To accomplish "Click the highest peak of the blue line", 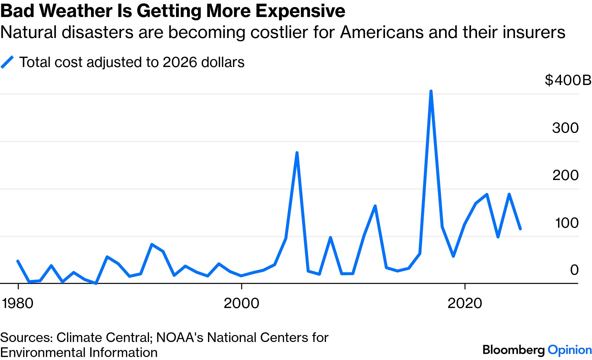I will pyautogui.click(x=431, y=91).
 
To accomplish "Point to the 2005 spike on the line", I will pyautogui.click(x=297, y=153).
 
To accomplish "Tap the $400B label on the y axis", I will pyautogui.click(x=568, y=80).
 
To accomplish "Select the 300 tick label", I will pyautogui.click(x=565, y=128).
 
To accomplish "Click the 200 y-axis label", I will pyautogui.click(x=565, y=175).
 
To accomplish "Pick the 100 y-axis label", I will pyautogui.click(x=566, y=223).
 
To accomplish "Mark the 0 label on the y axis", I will pyautogui.click(x=574, y=270).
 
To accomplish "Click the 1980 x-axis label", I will pyautogui.click(x=18, y=303).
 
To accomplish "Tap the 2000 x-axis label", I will pyautogui.click(x=241, y=303).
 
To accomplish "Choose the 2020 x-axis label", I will pyautogui.click(x=465, y=303).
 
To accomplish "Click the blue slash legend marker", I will pyautogui.click(x=7, y=62).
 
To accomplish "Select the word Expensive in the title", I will pyautogui.click(x=300, y=11).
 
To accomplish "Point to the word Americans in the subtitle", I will pyautogui.click(x=382, y=32).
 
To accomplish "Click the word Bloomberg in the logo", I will pyautogui.click(x=514, y=350).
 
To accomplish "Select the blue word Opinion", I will pyautogui.click(x=570, y=350).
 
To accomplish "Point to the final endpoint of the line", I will pyautogui.click(x=520, y=229).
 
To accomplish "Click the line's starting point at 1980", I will pyautogui.click(x=18, y=261).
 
